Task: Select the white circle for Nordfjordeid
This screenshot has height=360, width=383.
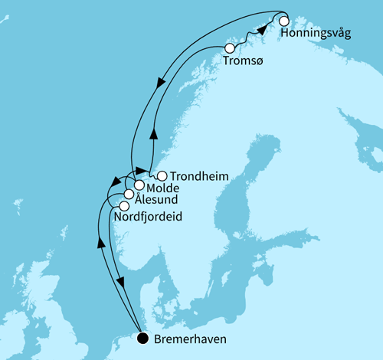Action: (x=124, y=205)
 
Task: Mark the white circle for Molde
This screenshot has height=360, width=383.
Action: (x=139, y=185)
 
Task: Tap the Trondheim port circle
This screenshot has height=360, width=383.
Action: (x=162, y=175)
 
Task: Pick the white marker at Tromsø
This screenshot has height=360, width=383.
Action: (x=229, y=48)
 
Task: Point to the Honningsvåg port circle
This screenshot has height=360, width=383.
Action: (x=284, y=21)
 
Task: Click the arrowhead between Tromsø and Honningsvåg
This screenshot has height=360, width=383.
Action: (x=262, y=30)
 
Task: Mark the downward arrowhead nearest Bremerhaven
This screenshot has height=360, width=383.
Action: (x=120, y=283)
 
